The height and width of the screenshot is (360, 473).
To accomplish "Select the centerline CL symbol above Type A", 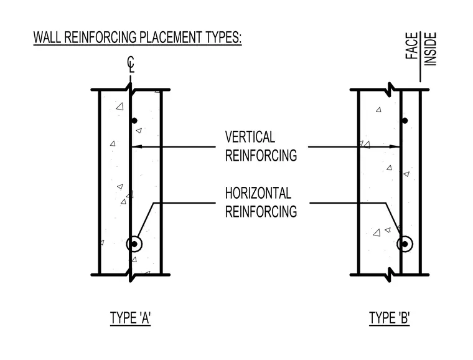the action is point(131,64).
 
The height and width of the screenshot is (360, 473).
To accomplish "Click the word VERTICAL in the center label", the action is point(250,137).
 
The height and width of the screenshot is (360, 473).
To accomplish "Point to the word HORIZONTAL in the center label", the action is point(258,193).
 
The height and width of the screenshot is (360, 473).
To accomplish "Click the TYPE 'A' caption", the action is point(130,318).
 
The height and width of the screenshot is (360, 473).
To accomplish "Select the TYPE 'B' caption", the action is point(390,318).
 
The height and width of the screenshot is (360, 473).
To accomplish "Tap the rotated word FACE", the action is point(412,45).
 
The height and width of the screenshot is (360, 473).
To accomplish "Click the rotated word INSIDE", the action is point(431,49).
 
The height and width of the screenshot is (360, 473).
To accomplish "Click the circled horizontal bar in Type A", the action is point(134,244).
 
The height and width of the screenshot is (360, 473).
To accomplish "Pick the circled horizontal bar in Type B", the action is point(405,244).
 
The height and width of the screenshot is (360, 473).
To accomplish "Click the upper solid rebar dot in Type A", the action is point(134,121).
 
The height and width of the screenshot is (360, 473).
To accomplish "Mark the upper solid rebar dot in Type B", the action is point(405,121).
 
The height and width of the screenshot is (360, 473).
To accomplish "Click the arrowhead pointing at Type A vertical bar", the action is point(136,147).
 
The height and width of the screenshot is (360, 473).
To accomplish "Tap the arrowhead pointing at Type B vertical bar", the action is point(395,147).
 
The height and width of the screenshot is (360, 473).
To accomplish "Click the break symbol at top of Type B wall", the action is point(390,90).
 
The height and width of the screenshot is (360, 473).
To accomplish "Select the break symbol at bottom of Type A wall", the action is point(130,275).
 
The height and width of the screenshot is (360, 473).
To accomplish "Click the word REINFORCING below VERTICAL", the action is point(261,156).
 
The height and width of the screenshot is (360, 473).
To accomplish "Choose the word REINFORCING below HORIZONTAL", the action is point(261,211).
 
